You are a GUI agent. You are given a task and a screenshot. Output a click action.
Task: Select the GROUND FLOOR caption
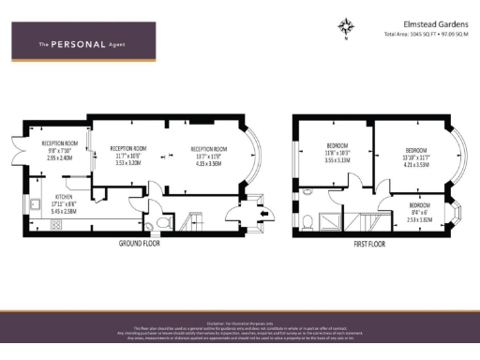[142, 243]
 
